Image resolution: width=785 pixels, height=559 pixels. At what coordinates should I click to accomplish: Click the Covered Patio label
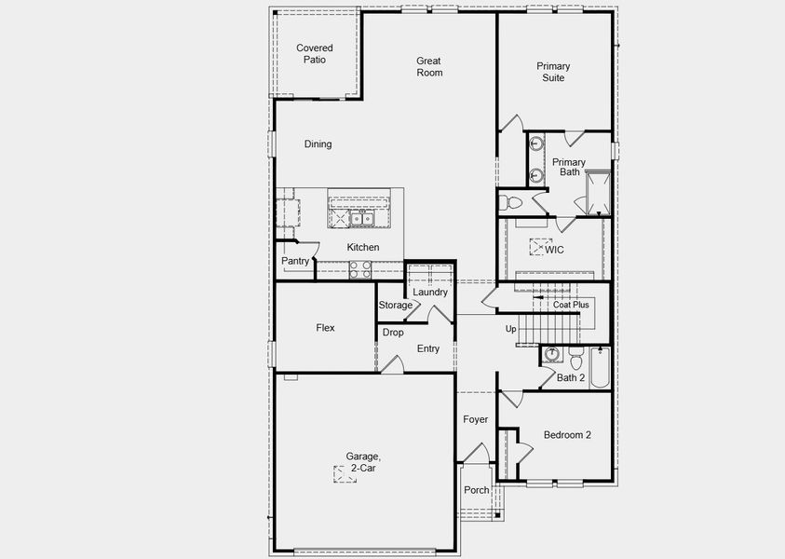314,54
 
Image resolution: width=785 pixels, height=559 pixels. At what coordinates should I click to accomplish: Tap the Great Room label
429,67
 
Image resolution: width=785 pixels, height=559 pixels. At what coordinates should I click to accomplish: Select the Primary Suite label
553,72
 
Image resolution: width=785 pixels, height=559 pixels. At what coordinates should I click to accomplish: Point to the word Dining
318,144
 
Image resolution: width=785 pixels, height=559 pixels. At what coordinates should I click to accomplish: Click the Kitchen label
363,247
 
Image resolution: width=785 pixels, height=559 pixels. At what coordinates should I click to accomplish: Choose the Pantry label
295,262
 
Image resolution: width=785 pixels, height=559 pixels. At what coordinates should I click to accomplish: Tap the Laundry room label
430,292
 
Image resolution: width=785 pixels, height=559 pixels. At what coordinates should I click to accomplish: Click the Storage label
395,306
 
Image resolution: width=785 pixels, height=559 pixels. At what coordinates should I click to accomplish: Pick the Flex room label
325,328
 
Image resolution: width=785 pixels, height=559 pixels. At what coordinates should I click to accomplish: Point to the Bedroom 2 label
567,435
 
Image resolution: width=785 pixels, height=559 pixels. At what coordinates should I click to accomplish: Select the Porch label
477,491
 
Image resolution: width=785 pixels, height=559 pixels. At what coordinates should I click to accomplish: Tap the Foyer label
476,420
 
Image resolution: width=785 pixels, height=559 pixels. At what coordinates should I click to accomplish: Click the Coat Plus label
570,305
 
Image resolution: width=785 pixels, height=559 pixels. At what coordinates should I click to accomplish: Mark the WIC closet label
554,250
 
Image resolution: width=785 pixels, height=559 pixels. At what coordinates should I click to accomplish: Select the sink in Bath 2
552,355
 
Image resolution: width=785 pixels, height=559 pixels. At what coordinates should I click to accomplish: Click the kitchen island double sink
362,220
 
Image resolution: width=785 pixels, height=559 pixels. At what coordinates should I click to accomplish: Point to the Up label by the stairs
510,329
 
